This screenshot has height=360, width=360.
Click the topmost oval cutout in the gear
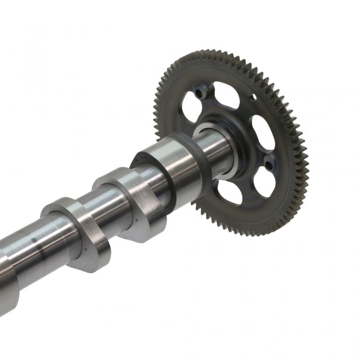point(225,94)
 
